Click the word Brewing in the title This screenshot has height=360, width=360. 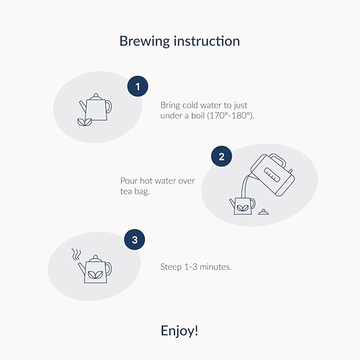(x=144, y=42)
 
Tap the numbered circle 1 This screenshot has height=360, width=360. (x=138, y=86)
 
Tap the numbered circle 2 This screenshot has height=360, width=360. (x=222, y=156)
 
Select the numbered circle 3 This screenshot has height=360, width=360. (x=135, y=240)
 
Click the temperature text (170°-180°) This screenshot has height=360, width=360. (x=231, y=116)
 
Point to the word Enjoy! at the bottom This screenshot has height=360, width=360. (x=179, y=331)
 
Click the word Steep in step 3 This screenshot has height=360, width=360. (x=171, y=267)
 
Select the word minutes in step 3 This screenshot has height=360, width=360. (x=215, y=267)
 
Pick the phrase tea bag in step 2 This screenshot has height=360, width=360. (x=135, y=191)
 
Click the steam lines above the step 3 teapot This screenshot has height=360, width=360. (x=76, y=254)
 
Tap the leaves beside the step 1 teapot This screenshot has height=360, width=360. (x=84, y=122)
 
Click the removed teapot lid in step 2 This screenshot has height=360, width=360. (x=264, y=212)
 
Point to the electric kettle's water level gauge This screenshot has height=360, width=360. (x=272, y=174)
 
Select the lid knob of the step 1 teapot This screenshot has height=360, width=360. (x=96, y=95)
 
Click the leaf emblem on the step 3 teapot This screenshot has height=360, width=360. (x=95, y=275)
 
